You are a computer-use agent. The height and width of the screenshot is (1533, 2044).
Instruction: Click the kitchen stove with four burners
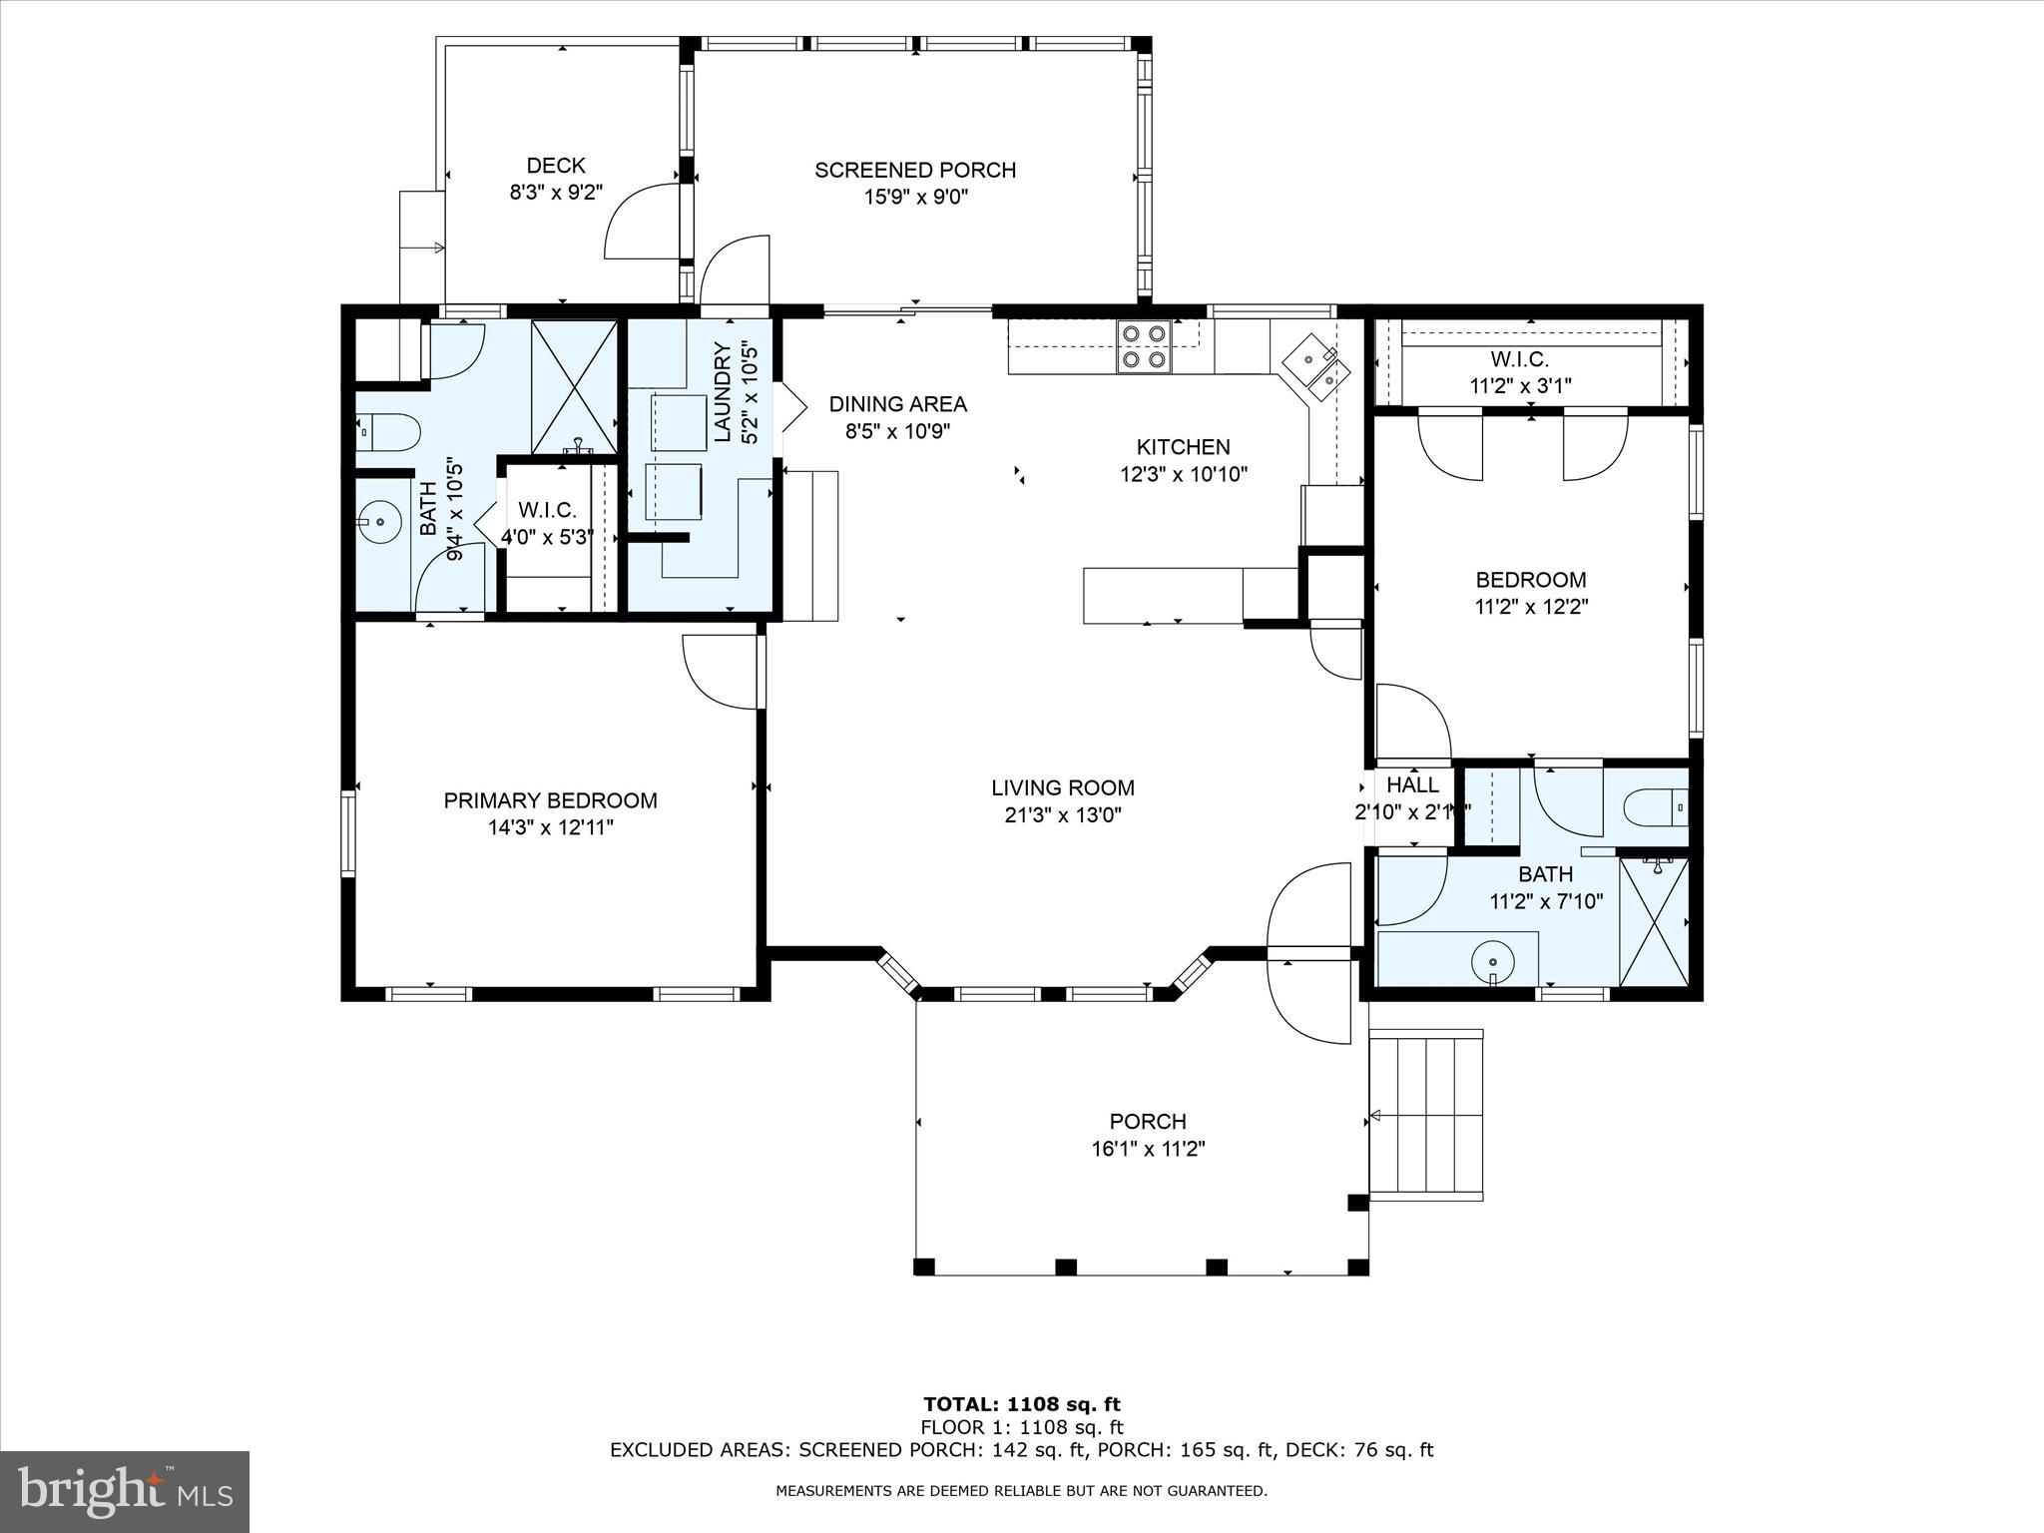(1144, 346)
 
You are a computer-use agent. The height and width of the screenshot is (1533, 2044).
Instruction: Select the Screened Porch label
(915, 170)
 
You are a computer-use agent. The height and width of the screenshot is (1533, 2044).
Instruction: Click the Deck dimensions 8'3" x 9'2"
(556, 192)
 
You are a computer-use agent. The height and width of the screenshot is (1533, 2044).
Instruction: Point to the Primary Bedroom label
(550, 799)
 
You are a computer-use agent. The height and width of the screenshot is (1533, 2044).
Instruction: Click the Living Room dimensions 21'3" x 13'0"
(1063, 814)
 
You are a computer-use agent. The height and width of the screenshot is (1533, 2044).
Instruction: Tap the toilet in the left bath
(388, 432)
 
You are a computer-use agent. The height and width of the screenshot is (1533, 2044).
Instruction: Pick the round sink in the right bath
(1493, 962)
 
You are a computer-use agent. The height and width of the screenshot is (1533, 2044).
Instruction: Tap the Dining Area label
(897, 404)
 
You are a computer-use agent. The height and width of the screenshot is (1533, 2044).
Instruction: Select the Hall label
(1412, 784)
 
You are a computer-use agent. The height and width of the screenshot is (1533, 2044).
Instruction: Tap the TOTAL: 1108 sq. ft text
(1022, 1404)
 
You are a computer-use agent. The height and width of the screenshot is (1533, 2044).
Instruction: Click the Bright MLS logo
(125, 1491)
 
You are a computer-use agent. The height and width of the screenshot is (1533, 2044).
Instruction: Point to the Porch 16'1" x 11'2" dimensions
(1148, 1149)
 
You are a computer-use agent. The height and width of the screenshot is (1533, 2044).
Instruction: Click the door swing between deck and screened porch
(643, 220)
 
